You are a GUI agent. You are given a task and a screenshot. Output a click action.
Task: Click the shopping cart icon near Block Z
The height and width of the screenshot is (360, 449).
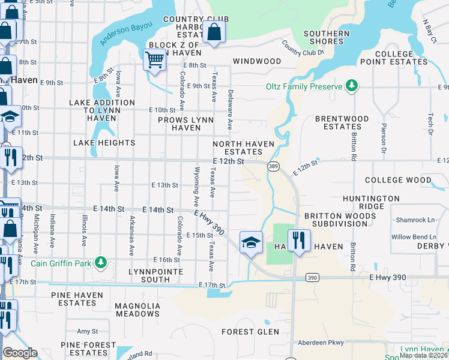155,59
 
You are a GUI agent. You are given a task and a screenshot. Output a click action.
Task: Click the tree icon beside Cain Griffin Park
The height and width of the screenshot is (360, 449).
101,262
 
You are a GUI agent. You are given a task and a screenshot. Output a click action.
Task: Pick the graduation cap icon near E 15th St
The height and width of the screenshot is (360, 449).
251,242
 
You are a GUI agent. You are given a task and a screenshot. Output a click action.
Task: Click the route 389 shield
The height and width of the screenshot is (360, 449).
273,165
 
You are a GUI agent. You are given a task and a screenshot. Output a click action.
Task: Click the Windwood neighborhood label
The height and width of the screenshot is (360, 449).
257,61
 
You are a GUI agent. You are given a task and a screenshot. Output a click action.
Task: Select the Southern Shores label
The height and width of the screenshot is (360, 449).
327,37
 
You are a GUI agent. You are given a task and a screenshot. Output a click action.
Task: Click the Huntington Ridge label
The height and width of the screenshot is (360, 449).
371,202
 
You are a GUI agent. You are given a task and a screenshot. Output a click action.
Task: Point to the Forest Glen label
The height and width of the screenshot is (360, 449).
250,332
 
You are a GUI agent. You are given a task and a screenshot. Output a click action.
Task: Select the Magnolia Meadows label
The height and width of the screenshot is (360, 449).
137,310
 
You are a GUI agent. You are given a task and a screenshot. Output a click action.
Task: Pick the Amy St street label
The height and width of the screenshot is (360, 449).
87,331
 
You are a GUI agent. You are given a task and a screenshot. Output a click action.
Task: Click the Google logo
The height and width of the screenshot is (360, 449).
20,353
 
